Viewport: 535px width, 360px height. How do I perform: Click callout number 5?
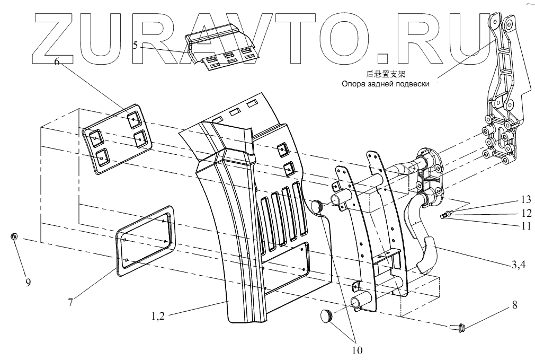[x=136, y=46]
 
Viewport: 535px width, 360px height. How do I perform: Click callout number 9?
[x=28, y=283]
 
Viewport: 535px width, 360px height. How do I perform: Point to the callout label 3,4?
[x=518, y=266]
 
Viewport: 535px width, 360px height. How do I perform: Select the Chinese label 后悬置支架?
[x=389, y=74]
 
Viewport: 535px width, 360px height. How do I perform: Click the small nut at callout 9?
[x=14, y=236]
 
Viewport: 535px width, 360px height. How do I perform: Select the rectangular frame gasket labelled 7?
[x=145, y=242]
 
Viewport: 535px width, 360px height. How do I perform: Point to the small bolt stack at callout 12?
[x=445, y=215]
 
